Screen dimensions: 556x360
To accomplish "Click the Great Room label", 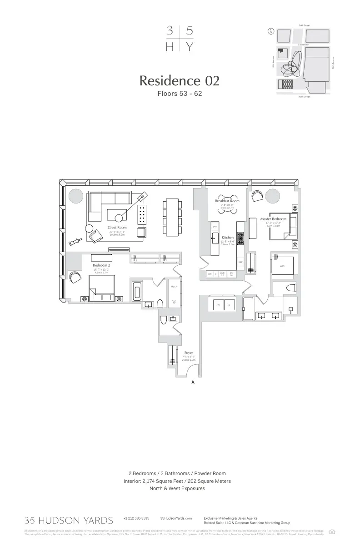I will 117,228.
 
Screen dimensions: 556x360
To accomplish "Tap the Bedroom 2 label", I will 101,265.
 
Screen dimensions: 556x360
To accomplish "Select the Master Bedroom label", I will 273,219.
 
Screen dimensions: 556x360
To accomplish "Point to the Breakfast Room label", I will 227,201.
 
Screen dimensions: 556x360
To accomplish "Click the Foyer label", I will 189,352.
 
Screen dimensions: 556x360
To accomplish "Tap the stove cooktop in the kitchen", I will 240,238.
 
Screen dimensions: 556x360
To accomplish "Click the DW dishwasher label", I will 215,226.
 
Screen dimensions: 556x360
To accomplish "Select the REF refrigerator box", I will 240,262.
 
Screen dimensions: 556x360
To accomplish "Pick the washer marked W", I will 219,304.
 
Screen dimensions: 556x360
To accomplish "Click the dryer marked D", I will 229,304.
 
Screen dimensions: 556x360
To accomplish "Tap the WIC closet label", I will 282,266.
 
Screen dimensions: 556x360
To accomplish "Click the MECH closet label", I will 174,287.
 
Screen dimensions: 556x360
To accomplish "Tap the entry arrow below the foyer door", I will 193,382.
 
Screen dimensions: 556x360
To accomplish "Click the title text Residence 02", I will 179,81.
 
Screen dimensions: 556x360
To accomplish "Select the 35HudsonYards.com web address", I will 176,518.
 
